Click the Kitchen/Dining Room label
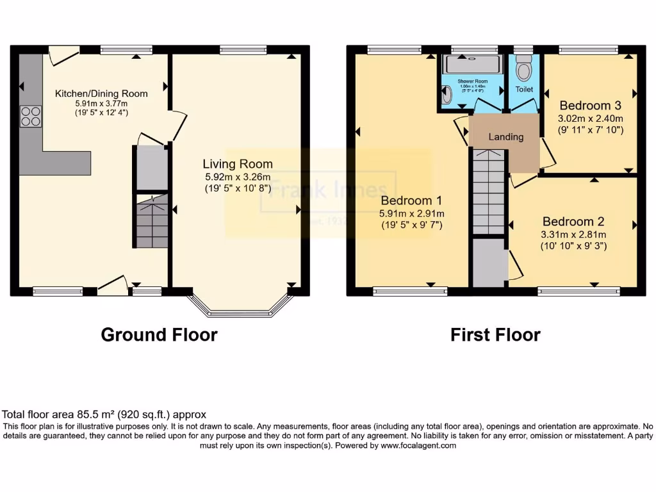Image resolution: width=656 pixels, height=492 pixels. point(101,94)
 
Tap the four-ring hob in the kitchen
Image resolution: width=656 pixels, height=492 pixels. point(30,116)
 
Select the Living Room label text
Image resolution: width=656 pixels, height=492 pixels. point(238,164)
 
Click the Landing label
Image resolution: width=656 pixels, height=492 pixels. point(506,136)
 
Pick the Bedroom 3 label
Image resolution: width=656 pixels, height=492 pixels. point(590,106)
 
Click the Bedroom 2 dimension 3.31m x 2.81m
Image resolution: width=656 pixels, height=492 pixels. point(573,234)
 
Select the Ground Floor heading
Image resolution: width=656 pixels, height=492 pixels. point(159,334)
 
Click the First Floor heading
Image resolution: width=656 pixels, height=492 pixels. point(495,334)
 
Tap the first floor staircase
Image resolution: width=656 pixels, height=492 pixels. point(489,192)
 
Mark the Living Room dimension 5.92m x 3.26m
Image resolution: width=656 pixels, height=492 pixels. point(238,177)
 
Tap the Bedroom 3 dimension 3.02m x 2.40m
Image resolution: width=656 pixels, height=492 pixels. point(591,119)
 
